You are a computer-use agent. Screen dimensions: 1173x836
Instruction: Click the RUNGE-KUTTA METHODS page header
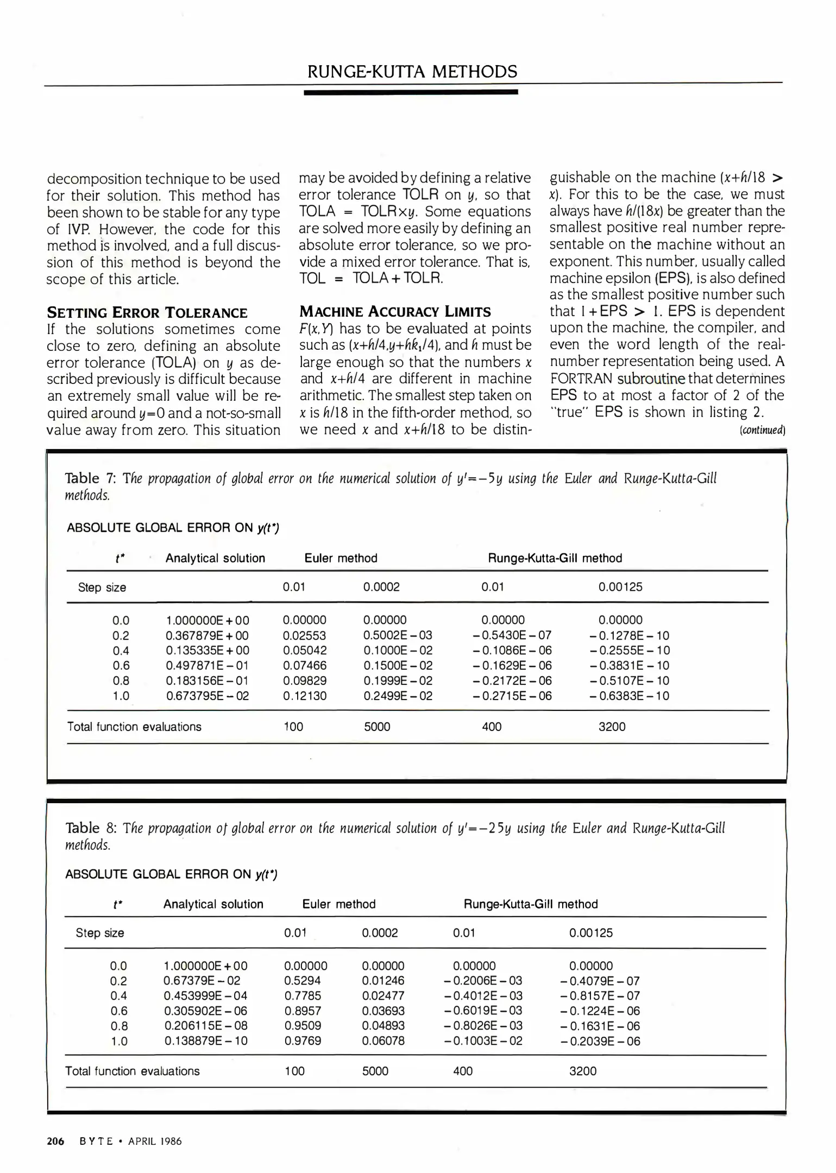[x=412, y=72]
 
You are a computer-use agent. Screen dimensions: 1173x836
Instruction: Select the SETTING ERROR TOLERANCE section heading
[x=147, y=313]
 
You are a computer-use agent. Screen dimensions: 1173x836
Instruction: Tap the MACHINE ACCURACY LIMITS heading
[x=395, y=312]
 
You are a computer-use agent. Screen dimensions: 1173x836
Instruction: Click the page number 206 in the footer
[x=55, y=1141]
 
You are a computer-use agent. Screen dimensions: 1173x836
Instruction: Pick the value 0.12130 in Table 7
[x=305, y=696]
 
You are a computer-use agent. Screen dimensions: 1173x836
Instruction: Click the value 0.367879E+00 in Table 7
[x=207, y=635]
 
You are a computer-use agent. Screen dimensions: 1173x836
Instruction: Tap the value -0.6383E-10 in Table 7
[x=629, y=696]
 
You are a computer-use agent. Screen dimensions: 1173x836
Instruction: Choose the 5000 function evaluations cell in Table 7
[x=377, y=727]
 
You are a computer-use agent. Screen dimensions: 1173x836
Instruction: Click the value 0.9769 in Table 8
[x=303, y=1041]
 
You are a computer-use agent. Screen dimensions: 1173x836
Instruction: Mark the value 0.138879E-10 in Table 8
[x=205, y=1041]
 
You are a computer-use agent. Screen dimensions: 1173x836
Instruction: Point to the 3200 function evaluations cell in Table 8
[x=583, y=1071]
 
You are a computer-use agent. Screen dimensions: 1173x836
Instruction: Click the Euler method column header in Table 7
[x=341, y=558]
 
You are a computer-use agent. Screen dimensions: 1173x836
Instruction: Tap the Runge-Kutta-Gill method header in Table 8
[x=530, y=904]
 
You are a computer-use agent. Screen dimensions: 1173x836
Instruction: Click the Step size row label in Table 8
[x=100, y=933]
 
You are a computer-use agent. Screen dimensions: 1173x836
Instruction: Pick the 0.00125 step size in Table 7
[x=620, y=587]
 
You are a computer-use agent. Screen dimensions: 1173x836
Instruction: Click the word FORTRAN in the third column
[x=582, y=379]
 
